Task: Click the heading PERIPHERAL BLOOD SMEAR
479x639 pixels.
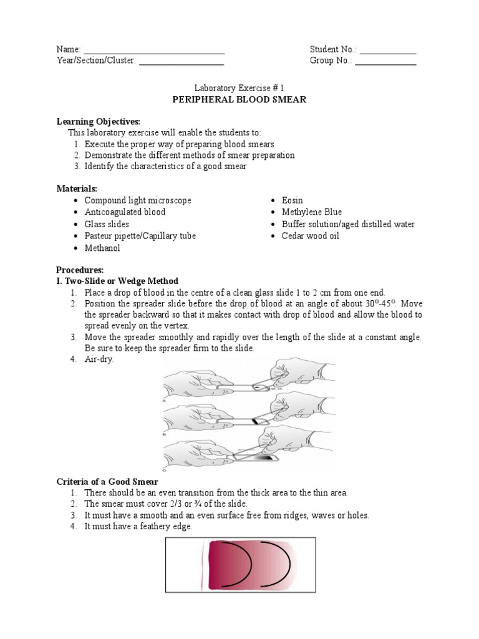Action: click(x=239, y=100)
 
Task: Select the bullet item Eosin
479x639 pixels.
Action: click(x=292, y=200)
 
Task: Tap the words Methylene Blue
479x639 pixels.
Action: click(x=311, y=212)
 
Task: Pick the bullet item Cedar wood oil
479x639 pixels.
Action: click(x=310, y=236)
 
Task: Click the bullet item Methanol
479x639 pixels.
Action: click(x=102, y=248)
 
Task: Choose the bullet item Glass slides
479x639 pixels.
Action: click(x=107, y=224)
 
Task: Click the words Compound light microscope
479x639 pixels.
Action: click(x=138, y=200)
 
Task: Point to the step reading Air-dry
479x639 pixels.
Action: click(x=99, y=359)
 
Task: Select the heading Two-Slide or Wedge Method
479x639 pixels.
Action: click(x=122, y=281)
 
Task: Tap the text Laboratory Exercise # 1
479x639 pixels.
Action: click(x=239, y=89)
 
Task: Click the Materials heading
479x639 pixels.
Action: click(x=77, y=188)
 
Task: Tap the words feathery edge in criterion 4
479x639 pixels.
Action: click(x=169, y=527)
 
